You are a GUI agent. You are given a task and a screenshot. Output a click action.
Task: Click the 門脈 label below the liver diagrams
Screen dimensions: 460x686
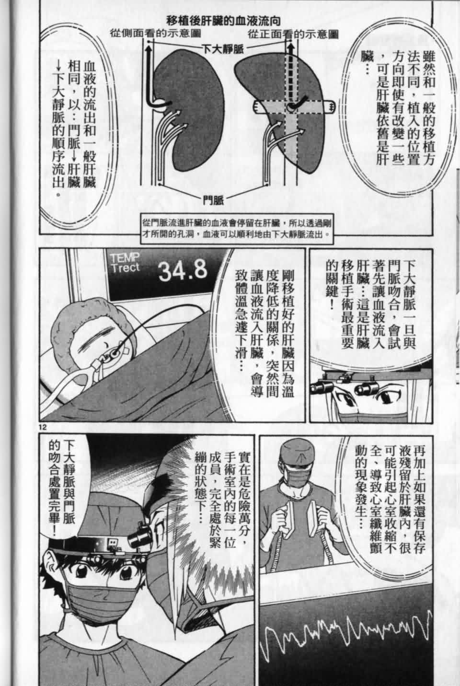214,200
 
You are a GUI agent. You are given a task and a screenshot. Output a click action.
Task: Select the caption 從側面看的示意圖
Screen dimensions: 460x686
155,34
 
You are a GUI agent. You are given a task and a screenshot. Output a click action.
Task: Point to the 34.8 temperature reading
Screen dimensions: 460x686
183,270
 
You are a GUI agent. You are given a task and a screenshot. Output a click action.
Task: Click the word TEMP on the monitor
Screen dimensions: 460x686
125,258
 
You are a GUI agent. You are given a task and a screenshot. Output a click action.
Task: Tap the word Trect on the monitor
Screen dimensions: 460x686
125,268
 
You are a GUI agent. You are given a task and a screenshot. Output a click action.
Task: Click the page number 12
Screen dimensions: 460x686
43,427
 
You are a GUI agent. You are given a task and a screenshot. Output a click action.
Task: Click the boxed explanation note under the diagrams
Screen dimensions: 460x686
237,229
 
